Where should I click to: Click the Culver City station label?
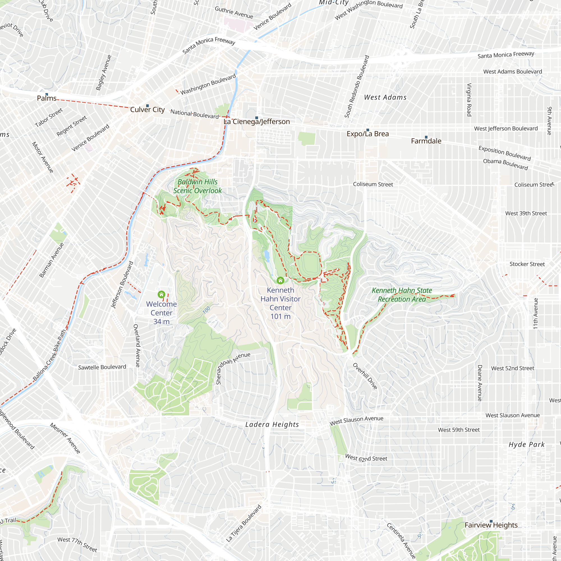tap(147, 110)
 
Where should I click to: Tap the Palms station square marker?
tap(47, 94)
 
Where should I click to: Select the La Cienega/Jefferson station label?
tap(256, 122)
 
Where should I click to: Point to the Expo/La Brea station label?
tap(368, 134)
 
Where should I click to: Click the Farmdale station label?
tap(426, 141)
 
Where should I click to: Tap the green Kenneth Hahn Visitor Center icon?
tap(280, 280)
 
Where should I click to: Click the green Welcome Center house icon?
tap(162, 295)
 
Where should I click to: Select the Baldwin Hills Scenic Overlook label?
tap(197, 186)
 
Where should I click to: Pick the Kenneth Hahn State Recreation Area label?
tap(402, 295)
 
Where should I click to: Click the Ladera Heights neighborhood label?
tap(272, 424)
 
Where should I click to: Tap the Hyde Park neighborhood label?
tap(527, 445)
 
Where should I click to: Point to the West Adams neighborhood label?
tap(385, 98)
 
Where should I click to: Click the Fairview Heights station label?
tap(491, 525)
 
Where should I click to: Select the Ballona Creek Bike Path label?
tap(49, 355)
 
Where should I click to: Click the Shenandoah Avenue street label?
tap(233, 368)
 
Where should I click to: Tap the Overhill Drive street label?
tap(365, 376)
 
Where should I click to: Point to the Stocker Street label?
tap(527, 264)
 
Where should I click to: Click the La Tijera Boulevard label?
tap(244, 523)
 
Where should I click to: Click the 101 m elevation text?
tap(280, 316)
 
